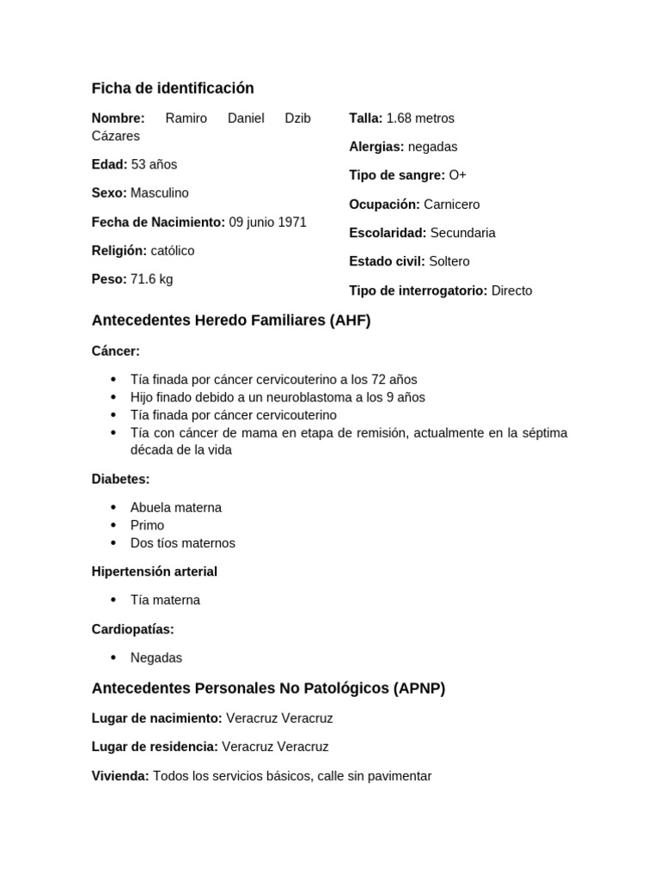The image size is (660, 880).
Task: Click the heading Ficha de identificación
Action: (173, 89)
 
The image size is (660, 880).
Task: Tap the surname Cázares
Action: (115, 136)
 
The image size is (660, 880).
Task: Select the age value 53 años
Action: (154, 164)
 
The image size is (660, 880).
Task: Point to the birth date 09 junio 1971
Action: (267, 222)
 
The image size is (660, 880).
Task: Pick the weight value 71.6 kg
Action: (151, 279)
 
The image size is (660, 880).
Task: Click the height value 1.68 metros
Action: (420, 118)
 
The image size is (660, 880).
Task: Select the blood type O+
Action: (457, 175)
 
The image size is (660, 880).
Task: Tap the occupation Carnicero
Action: (451, 205)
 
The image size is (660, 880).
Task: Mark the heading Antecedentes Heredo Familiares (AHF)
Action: (231, 321)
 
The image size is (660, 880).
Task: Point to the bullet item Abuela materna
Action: (176, 508)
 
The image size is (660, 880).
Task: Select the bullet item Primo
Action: (147, 525)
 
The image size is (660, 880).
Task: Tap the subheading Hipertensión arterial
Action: (155, 571)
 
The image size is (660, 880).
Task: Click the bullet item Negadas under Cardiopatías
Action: (156, 657)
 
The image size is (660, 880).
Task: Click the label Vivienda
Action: (120, 776)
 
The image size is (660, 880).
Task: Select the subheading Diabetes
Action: (120, 479)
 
